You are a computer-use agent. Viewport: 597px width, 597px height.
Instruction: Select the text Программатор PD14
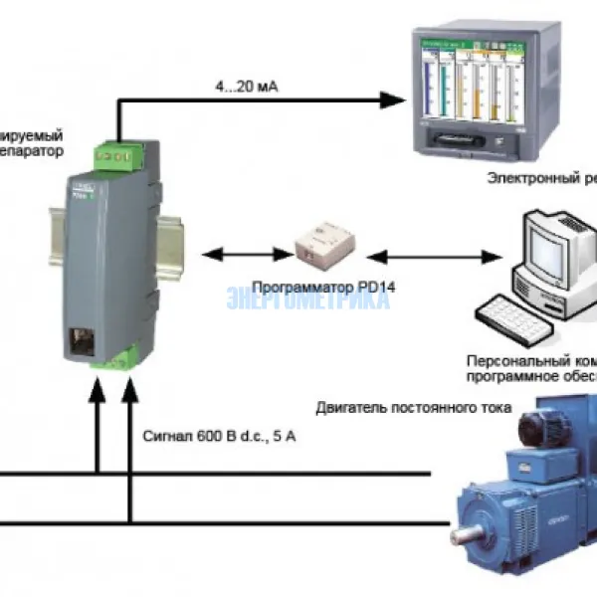point(307,287)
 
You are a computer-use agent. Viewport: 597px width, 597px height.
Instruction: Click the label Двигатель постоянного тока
point(413,408)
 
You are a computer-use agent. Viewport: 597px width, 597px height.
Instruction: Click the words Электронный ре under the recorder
point(541,178)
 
